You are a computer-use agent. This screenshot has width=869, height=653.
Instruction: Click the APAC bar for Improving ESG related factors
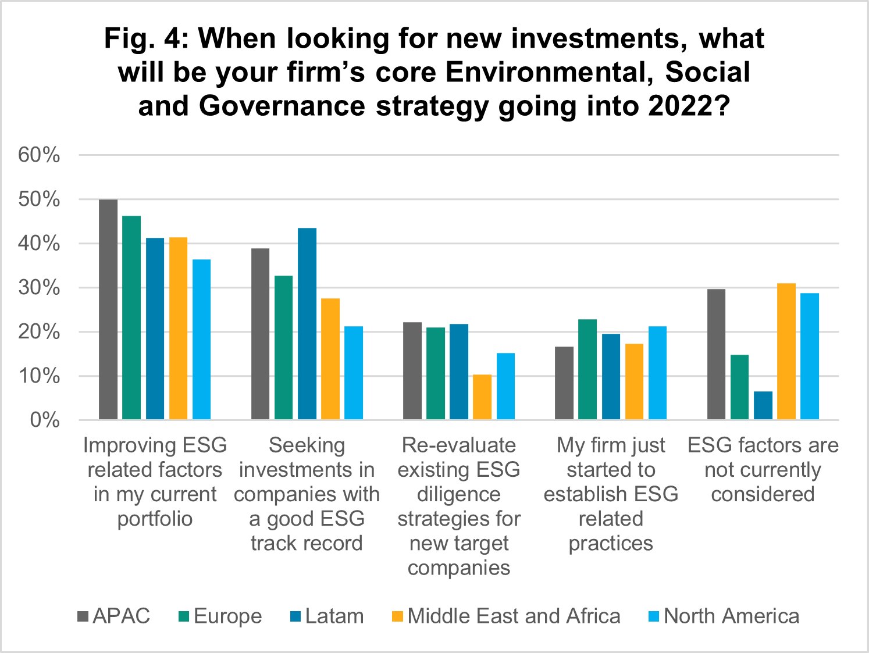pyautogui.click(x=108, y=309)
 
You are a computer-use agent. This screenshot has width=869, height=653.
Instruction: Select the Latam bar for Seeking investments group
pyautogui.click(x=307, y=323)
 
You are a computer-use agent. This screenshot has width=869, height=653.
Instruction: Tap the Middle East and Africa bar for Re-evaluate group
pyautogui.click(x=482, y=397)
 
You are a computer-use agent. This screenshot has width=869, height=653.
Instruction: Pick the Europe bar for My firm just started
pyautogui.click(x=587, y=369)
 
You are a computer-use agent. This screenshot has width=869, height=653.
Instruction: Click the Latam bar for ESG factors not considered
pyautogui.click(x=763, y=405)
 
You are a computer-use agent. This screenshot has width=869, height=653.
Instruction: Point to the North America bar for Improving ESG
pyautogui.click(x=202, y=339)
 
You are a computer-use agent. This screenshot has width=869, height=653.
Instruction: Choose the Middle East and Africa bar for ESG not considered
pyautogui.click(x=786, y=351)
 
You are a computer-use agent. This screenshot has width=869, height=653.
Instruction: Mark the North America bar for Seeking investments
pyautogui.click(x=354, y=373)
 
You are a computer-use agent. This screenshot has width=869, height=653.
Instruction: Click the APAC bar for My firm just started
pyautogui.click(x=564, y=383)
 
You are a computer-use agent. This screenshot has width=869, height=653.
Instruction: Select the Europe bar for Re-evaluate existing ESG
pyautogui.click(x=436, y=373)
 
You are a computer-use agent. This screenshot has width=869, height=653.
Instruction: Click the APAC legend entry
pyautogui.click(x=114, y=616)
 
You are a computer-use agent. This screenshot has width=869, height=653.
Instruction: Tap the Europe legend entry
pyautogui.click(x=220, y=616)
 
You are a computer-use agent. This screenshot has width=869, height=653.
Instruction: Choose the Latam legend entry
pyautogui.click(x=327, y=616)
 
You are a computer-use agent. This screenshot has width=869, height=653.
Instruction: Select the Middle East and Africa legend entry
pyautogui.click(x=507, y=616)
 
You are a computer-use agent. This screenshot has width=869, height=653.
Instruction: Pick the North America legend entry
pyautogui.click(x=724, y=616)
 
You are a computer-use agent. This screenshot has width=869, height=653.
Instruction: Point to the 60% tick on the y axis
pyautogui.click(x=40, y=155)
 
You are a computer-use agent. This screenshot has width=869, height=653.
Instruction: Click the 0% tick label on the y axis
pyautogui.click(x=45, y=420)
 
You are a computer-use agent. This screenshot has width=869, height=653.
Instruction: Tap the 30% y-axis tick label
pyautogui.click(x=40, y=288)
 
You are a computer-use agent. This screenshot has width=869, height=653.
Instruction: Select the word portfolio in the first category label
pyautogui.click(x=155, y=519)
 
